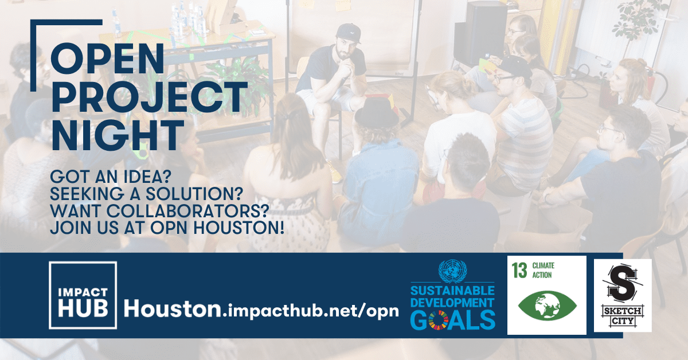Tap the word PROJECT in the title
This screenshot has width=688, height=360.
click(150, 97)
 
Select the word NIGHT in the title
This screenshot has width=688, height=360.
click(118, 135)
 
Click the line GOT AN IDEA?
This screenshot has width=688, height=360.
click(110, 177)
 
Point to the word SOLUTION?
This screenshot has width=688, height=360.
click(194, 194)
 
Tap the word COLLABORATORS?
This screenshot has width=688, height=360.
click(187, 211)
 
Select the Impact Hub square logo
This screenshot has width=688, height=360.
click(83, 295)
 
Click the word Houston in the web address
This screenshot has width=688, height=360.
click(173, 309)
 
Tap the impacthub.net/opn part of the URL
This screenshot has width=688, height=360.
click(310, 311)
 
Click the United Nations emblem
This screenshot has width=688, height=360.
click(453, 271)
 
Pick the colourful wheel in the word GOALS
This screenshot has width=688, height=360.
click(438, 320)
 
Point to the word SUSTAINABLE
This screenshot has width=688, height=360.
click(452, 291)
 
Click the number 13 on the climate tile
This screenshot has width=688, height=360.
click(519, 271)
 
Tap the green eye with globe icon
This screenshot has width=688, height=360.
click(548, 306)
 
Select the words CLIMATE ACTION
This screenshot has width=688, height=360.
click(544, 271)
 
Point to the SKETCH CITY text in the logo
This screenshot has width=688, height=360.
click(623, 316)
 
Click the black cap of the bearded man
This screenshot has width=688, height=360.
click(349, 33)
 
